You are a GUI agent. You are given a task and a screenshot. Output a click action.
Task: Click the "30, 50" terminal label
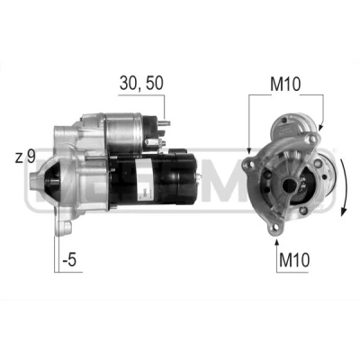click(141, 83)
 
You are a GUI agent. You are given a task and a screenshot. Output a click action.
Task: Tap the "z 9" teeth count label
click(25, 157)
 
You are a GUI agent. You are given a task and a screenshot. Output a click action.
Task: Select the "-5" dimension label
click(69, 260)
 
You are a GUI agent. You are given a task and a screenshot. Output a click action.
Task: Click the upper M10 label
click(285, 85)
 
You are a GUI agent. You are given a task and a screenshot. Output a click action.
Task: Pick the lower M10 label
click(294, 260)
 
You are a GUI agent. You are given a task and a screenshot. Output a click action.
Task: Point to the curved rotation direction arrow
click(345, 187)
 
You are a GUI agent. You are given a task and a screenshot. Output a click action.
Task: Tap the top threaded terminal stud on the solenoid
click(165, 123)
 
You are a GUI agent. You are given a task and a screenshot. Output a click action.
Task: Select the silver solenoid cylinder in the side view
click(124, 132)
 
